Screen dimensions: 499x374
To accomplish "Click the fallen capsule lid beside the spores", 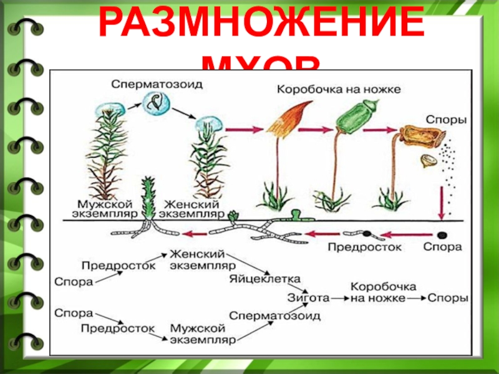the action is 429,161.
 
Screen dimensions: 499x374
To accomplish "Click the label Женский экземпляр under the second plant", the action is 191,208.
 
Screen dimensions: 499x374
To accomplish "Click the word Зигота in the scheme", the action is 307,297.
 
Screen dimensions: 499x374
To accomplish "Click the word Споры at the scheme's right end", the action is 447,298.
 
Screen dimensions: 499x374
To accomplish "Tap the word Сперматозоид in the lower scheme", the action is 275,316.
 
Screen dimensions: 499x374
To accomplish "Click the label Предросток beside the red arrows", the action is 364,247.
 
